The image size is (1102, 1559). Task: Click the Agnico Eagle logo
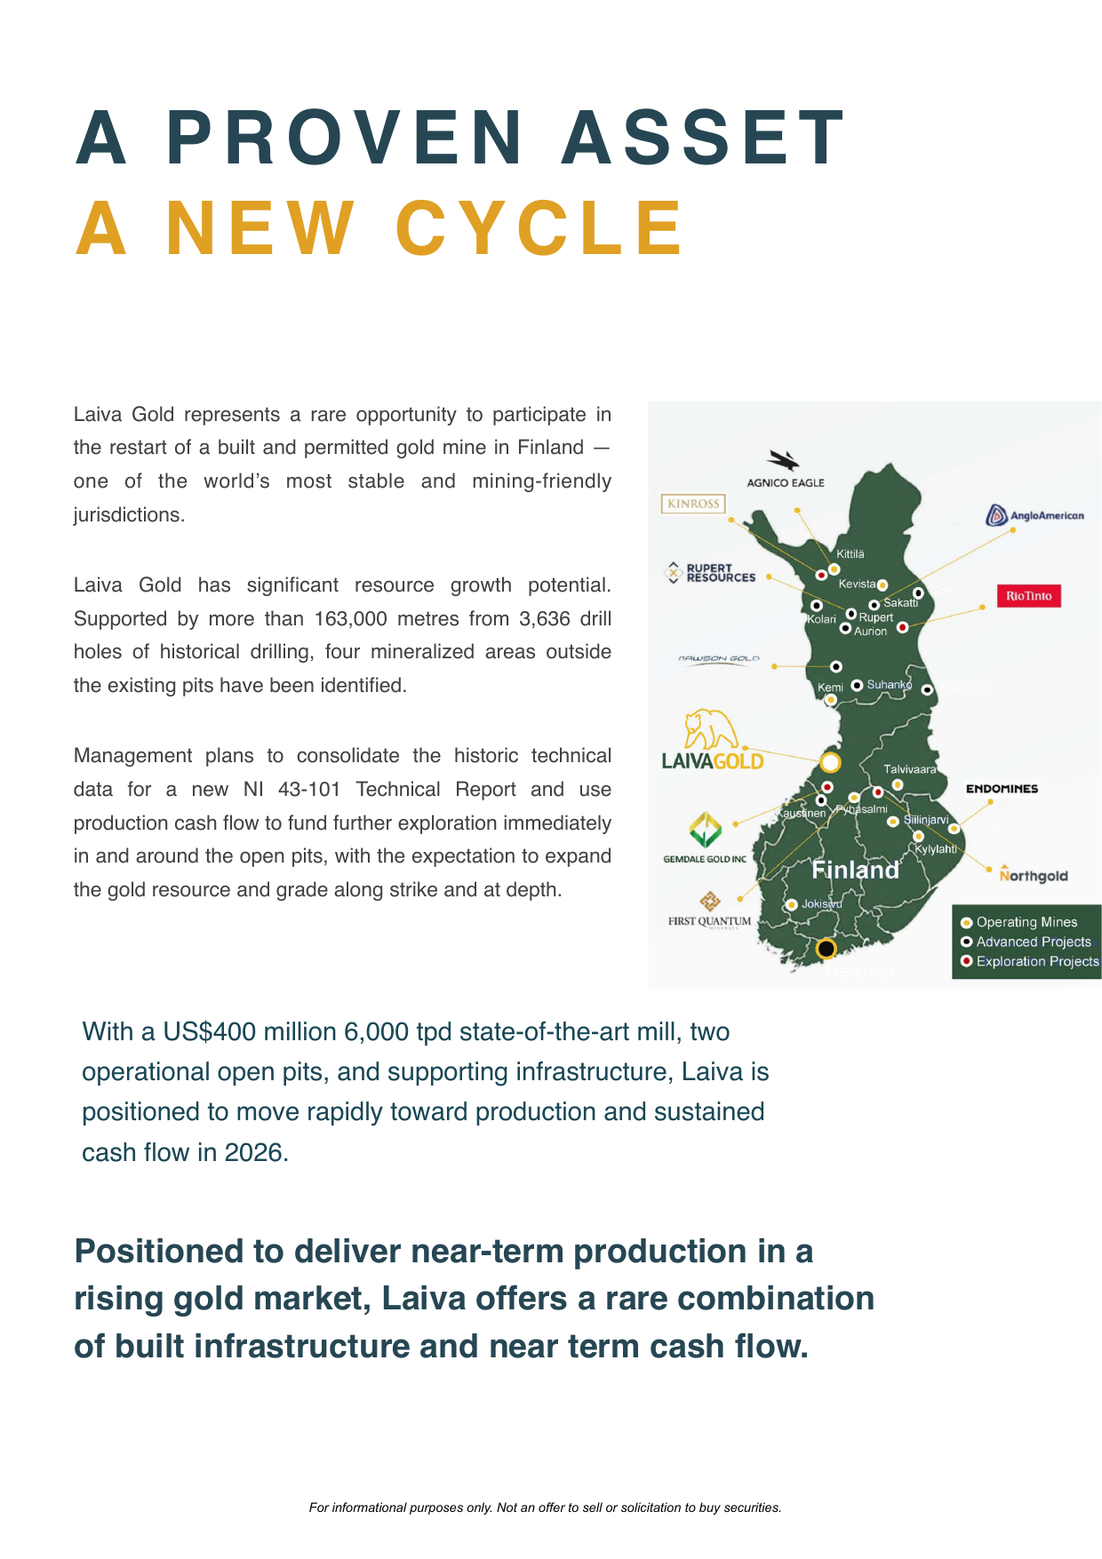click(x=785, y=469)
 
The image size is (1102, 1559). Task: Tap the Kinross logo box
click(x=693, y=504)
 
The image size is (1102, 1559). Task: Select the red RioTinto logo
click(x=1028, y=596)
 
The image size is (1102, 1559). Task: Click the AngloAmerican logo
click(x=1035, y=515)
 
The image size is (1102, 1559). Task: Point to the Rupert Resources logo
click(x=711, y=573)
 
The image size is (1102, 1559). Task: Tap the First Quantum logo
click(x=709, y=911)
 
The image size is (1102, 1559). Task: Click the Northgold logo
click(x=1033, y=875)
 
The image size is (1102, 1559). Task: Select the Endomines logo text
click(x=1002, y=789)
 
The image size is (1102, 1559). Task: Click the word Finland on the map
click(x=855, y=870)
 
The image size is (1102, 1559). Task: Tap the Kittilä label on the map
click(x=850, y=554)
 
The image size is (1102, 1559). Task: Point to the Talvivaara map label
click(x=909, y=769)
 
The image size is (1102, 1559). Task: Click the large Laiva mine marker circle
click(x=829, y=761)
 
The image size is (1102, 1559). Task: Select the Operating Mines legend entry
click(x=1026, y=922)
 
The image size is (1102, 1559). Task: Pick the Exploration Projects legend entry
click(x=1036, y=961)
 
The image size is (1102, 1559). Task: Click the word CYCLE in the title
click(x=540, y=228)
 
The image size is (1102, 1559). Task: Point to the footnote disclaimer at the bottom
click(x=545, y=1507)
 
